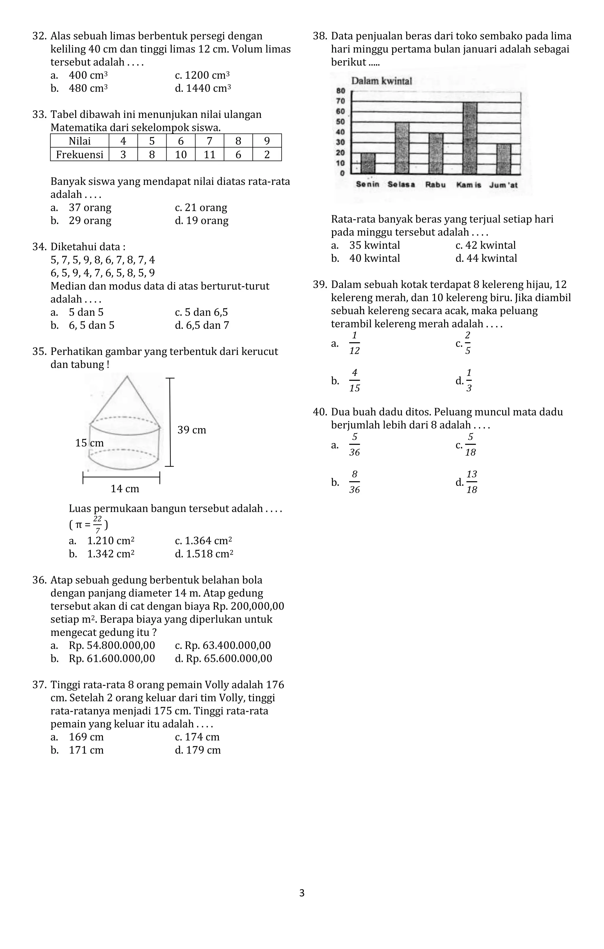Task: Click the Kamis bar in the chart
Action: coord(470,138)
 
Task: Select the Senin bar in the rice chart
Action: coord(368,163)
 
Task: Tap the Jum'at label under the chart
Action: coord(503,185)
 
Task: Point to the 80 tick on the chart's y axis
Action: coord(341,91)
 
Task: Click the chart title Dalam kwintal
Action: coord(381,81)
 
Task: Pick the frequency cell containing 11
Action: coord(209,154)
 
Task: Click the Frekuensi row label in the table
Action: coord(79,154)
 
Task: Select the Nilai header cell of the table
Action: coord(79,141)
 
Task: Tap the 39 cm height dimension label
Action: coord(192,430)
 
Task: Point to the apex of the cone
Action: coord(127,377)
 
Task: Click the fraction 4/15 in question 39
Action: coord(354,381)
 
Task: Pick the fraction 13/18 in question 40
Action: coord(472,482)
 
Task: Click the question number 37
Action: coord(40,685)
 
